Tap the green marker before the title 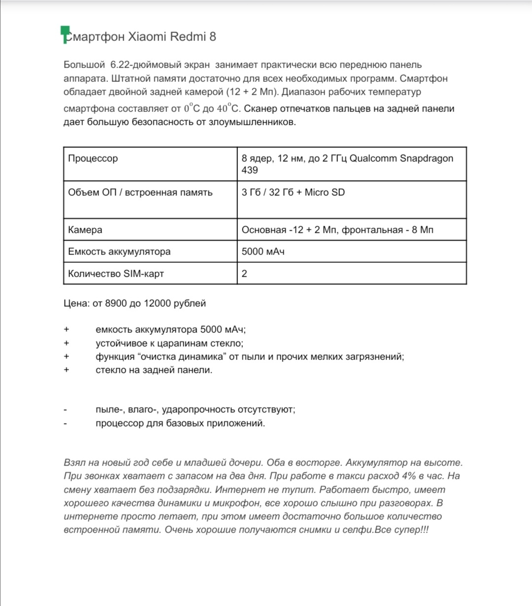(64, 34)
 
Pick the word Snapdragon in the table (426, 159)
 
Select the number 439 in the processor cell (250, 170)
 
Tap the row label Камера (85, 230)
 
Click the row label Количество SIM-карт (116, 273)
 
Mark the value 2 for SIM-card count (244, 273)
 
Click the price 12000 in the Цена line (157, 303)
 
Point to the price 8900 (116, 303)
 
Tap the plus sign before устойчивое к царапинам (66, 343)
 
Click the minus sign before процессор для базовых (66, 423)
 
